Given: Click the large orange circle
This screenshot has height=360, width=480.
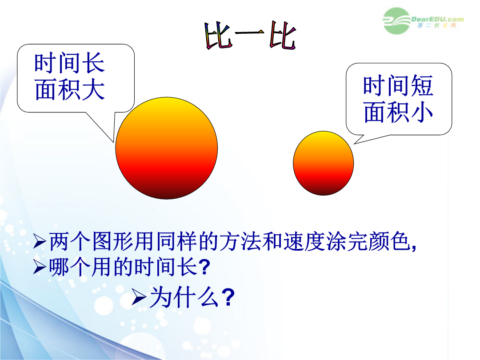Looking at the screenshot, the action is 167,148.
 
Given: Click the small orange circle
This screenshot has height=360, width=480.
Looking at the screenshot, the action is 323,163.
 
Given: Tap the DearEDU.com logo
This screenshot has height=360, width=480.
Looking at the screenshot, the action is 423,21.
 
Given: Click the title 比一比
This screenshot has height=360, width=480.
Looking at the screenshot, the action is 250,35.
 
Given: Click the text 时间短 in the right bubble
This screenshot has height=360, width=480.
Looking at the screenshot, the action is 398,85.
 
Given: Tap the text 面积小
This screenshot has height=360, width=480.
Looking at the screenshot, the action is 398,112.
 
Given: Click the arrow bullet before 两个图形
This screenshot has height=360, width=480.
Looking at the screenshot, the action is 40,241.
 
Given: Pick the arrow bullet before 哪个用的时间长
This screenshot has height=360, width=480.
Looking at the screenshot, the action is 40,267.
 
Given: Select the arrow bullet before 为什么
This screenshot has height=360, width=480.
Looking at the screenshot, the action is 139,297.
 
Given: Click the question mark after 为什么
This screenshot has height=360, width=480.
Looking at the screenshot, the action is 228,297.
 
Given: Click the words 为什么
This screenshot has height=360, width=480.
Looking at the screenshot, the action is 184,297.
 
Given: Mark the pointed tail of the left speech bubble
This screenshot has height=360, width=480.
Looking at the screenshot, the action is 113,142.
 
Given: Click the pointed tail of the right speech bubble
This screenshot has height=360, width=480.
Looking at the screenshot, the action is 355,144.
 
